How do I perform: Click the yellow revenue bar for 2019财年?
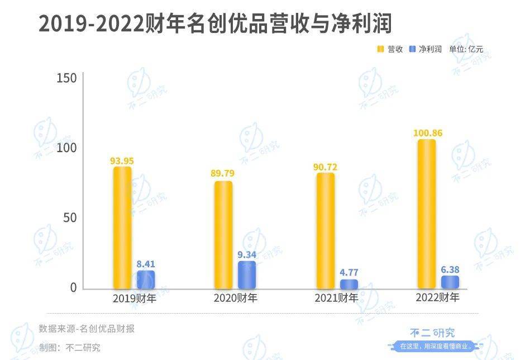(122, 228)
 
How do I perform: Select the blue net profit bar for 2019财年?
(146, 280)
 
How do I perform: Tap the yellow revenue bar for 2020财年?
(223, 235)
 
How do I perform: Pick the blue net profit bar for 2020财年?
(247, 275)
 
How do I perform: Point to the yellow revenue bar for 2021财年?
(326, 231)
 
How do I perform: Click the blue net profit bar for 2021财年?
(349, 284)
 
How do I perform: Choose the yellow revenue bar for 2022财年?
(427, 214)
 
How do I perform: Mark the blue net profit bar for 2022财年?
(450, 282)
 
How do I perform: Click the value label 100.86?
(428, 133)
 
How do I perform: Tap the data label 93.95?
(122, 161)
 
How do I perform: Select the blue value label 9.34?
(247, 255)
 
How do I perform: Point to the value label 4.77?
(349, 272)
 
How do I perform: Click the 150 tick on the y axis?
(66, 78)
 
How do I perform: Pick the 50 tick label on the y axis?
(70, 218)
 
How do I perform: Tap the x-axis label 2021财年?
(336, 297)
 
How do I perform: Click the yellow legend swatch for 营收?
(380, 49)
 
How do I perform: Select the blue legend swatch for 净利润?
(413, 49)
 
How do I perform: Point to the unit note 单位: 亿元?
(466, 49)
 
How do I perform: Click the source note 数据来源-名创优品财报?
(87, 329)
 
